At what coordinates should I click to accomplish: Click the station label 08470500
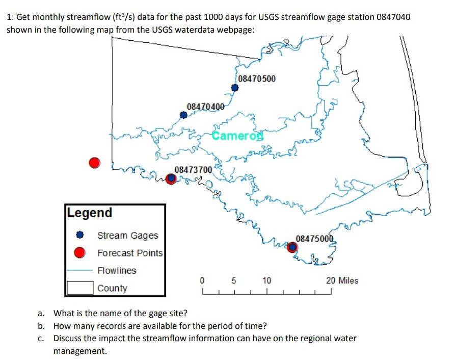(x=257, y=79)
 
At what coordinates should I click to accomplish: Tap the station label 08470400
(x=205, y=107)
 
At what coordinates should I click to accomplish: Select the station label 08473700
(x=193, y=169)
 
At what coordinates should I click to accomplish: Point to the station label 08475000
(x=314, y=239)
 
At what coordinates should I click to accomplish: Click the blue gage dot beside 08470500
(x=235, y=88)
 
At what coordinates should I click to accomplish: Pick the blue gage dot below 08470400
(x=183, y=115)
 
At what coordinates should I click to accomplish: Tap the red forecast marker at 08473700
(x=172, y=178)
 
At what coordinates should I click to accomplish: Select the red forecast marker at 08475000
(x=292, y=247)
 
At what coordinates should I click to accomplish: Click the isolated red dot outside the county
(x=94, y=163)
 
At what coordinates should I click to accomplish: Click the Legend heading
(x=90, y=213)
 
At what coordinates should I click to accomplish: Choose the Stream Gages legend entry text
(x=128, y=236)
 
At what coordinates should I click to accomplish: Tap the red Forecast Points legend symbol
(x=79, y=253)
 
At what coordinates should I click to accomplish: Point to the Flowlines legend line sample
(x=79, y=271)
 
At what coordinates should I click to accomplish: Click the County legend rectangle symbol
(x=79, y=288)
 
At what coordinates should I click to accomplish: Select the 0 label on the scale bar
(x=202, y=280)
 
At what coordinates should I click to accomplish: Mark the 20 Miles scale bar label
(x=342, y=280)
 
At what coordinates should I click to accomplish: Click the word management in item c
(x=80, y=351)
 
